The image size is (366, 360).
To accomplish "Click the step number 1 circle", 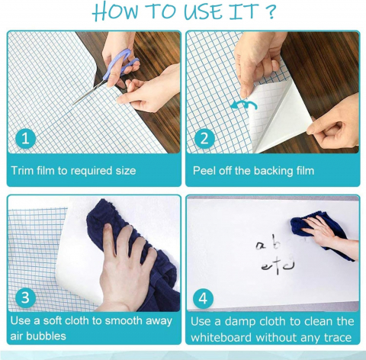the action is tap(25, 139).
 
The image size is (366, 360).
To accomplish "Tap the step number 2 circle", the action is tap(204, 139).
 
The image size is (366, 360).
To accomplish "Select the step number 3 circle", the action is tap(25, 298).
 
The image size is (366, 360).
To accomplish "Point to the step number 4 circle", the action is tap(203, 299).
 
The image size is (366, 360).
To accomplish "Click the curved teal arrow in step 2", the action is tap(244, 104).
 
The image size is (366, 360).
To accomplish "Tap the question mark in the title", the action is tap(269, 11).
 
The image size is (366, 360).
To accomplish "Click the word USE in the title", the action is tap(203, 11).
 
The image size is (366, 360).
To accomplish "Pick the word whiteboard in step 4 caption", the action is tap(221, 338).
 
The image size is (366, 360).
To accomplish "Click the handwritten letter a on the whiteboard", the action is tap(260, 246).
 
